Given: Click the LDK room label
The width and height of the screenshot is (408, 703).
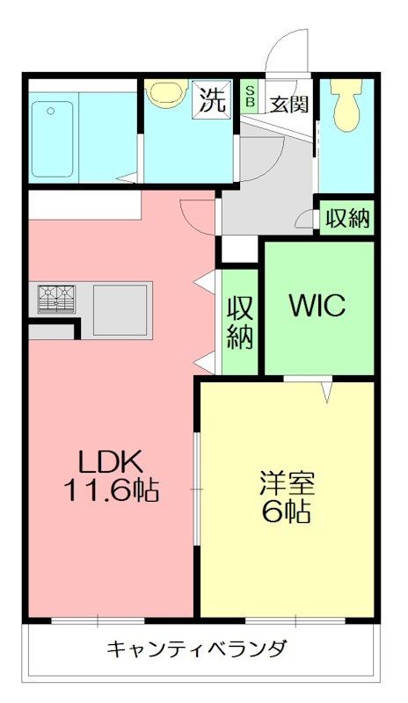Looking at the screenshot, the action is pos(111,462).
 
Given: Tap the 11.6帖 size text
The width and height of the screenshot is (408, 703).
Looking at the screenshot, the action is pos(111,490).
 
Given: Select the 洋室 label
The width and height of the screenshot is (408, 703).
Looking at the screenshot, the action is pos(287,483).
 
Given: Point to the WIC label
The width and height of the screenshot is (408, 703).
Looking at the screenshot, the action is pos(317,305).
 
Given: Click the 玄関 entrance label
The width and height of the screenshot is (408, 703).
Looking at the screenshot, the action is pos(288,104).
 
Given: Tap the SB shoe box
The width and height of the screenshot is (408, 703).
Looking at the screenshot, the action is pos(251,96).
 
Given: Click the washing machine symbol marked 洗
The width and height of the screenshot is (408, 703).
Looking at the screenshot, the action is pos(212,99).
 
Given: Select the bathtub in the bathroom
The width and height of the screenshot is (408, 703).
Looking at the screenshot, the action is pos(53,139).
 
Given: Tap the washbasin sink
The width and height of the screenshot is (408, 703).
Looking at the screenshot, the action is pos(167,92).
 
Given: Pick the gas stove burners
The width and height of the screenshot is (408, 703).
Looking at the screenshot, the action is pos(56,299).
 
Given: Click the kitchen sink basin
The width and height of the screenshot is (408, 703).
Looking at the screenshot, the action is pos(120,310).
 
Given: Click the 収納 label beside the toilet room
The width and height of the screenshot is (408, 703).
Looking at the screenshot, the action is pos(348,218).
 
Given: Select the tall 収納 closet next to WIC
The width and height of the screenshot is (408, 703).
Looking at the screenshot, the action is pos(240,322).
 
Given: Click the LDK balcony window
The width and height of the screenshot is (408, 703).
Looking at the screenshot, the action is pos(98,620).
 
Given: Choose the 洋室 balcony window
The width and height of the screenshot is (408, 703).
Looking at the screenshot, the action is pos(295,620).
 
